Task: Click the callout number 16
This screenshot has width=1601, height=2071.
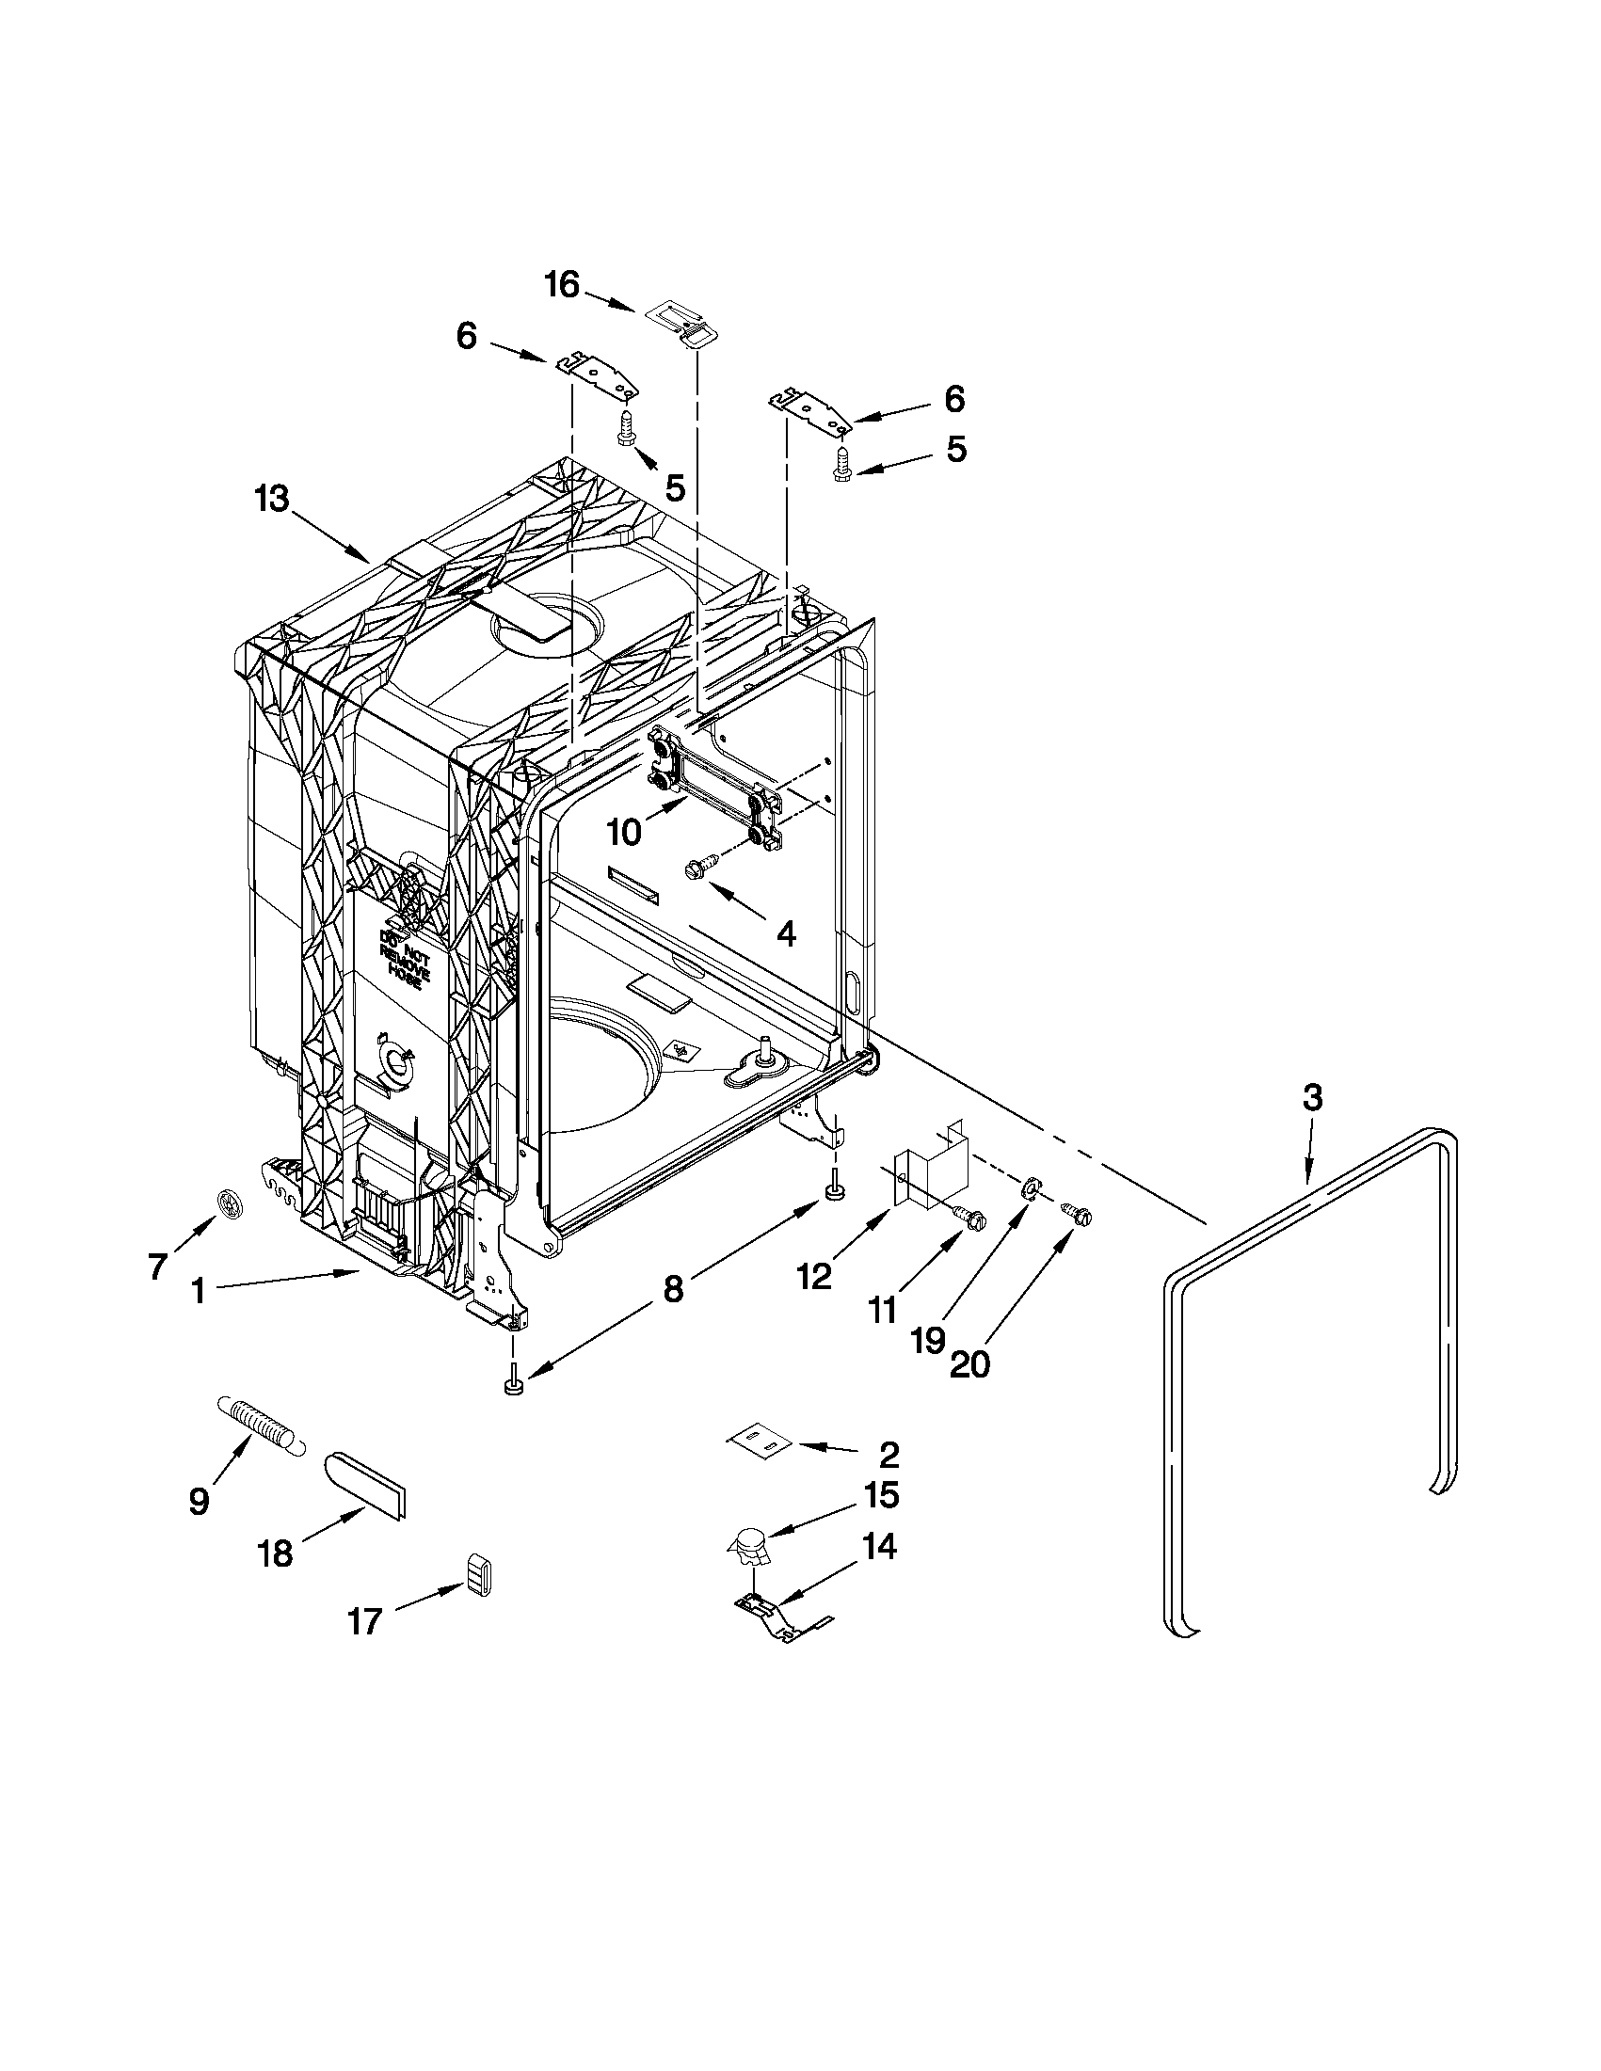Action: [x=563, y=284]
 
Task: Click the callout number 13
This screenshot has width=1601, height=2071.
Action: [x=271, y=499]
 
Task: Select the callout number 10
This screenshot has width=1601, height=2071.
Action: [x=625, y=832]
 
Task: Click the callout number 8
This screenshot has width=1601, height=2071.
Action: [x=672, y=1289]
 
